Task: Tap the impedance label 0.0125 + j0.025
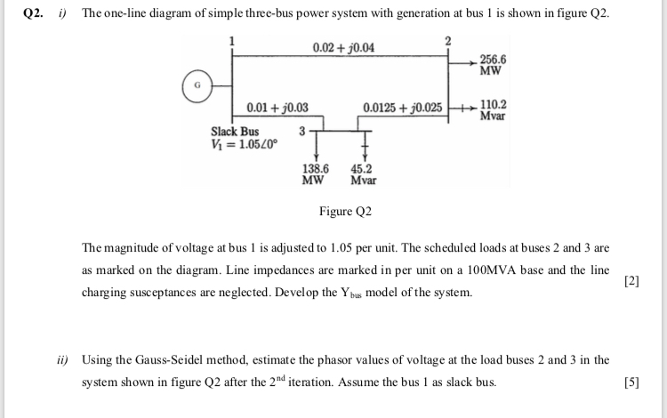(403, 109)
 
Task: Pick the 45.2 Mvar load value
(362, 173)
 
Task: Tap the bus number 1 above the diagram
(233, 39)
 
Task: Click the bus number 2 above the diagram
(448, 39)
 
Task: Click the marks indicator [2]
(631, 281)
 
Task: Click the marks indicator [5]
(631, 383)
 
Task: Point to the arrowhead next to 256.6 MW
(472, 61)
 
